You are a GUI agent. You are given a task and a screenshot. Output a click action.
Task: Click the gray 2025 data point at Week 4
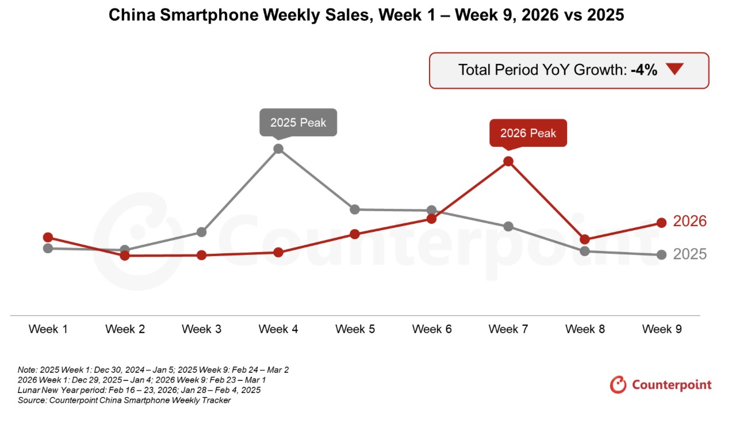coord(278,148)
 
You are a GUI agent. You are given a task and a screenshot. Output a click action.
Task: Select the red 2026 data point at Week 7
coord(508,161)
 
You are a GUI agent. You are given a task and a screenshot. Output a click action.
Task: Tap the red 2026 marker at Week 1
coord(48,237)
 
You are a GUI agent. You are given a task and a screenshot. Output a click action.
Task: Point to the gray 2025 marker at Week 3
coord(201,232)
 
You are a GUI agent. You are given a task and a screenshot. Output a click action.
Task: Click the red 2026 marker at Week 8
coord(585,239)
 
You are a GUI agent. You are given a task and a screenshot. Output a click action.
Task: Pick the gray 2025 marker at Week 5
coord(355,209)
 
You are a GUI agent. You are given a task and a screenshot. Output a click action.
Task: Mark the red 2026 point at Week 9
coord(661,223)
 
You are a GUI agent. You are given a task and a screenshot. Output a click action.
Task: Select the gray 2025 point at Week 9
coord(661,254)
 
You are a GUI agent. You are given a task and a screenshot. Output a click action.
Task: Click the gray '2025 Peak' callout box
coord(298,123)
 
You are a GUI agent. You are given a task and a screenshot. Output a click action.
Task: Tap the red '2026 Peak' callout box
coord(528,133)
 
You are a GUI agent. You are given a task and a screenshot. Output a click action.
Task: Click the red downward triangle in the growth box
coord(675,70)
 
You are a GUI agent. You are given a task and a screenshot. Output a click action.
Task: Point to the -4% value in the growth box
coord(644,70)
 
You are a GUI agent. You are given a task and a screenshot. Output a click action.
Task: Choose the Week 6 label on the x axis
coord(432,329)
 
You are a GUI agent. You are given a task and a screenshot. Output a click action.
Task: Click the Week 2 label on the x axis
coord(125,329)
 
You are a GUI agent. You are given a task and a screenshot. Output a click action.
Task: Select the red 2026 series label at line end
coord(690,221)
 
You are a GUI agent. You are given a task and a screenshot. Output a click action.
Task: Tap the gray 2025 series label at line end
coord(690,254)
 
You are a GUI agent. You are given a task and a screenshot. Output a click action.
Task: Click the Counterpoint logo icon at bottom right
coord(618,384)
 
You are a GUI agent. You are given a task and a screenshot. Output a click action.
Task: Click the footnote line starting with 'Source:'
coord(124,400)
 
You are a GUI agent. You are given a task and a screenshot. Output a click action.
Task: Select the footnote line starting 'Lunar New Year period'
coord(139,390)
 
